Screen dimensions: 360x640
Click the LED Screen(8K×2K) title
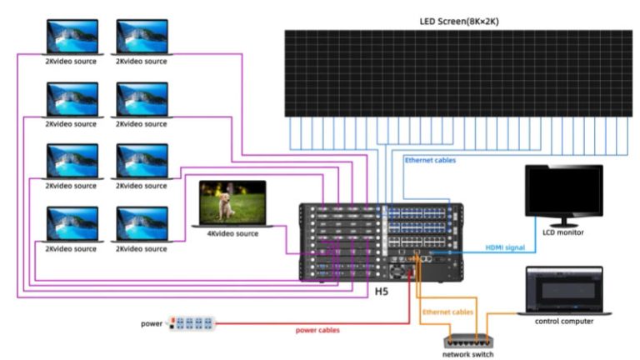click(x=459, y=20)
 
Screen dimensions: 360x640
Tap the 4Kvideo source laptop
click(x=232, y=205)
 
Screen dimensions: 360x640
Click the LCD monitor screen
click(x=563, y=191)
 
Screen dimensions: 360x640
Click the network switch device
click(x=467, y=339)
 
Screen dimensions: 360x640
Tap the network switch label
click(x=467, y=355)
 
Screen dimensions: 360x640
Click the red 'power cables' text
click(x=317, y=330)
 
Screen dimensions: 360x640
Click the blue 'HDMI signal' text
click(x=506, y=247)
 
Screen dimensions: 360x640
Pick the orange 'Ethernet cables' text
click(x=447, y=312)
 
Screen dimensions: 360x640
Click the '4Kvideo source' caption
click(x=232, y=234)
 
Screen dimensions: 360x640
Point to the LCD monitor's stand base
click(x=563, y=225)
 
